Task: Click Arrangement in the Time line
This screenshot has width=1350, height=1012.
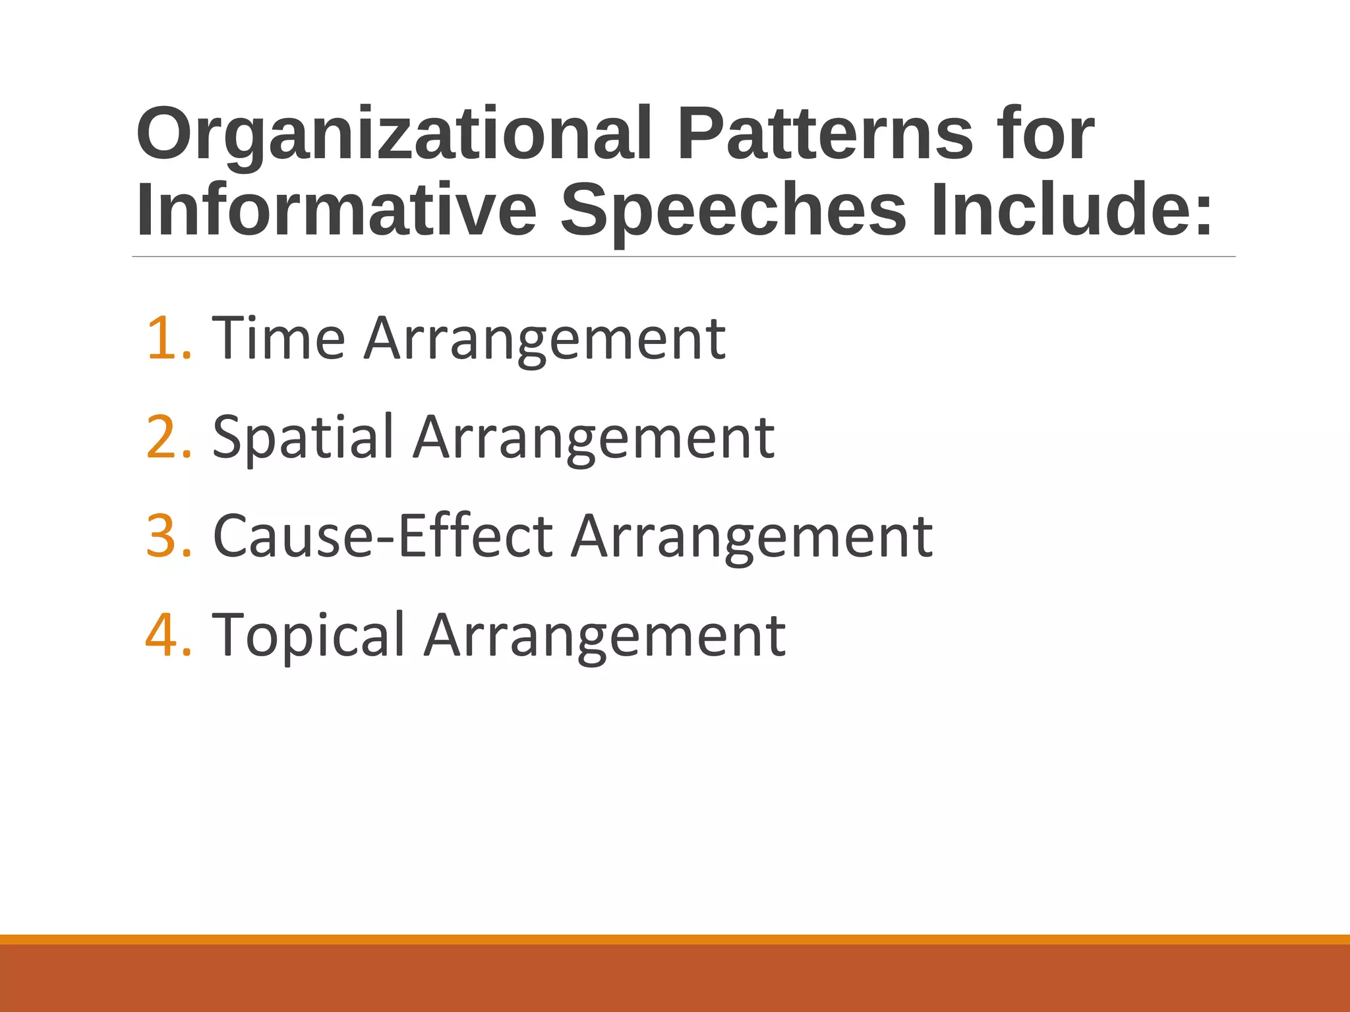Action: [x=544, y=339]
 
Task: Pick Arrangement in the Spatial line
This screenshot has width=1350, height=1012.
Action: [x=593, y=438]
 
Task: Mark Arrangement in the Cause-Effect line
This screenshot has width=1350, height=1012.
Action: [x=751, y=537]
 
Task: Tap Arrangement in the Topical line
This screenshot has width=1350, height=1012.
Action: [x=604, y=636]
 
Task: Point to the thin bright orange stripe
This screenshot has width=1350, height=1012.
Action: [x=675, y=939]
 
